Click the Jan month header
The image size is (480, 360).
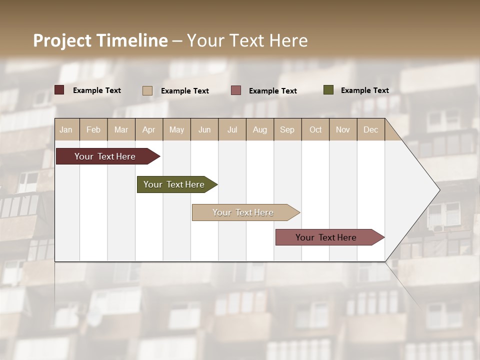[66, 130]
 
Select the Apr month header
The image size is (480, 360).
[148, 130]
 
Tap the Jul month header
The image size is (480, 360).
[232, 130]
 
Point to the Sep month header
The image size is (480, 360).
[287, 130]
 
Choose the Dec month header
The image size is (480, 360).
[370, 130]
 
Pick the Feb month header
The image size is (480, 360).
[93, 130]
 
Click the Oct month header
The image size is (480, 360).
[315, 130]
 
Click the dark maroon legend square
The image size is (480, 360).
[59, 90]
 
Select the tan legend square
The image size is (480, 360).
[147, 90]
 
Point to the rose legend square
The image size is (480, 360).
[236, 90]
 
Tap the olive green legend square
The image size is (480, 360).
[328, 90]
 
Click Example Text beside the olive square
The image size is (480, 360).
[364, 90]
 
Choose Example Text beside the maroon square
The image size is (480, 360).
[97, 90]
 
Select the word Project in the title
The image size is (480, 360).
[62, 40]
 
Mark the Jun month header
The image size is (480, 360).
[204, 130]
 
